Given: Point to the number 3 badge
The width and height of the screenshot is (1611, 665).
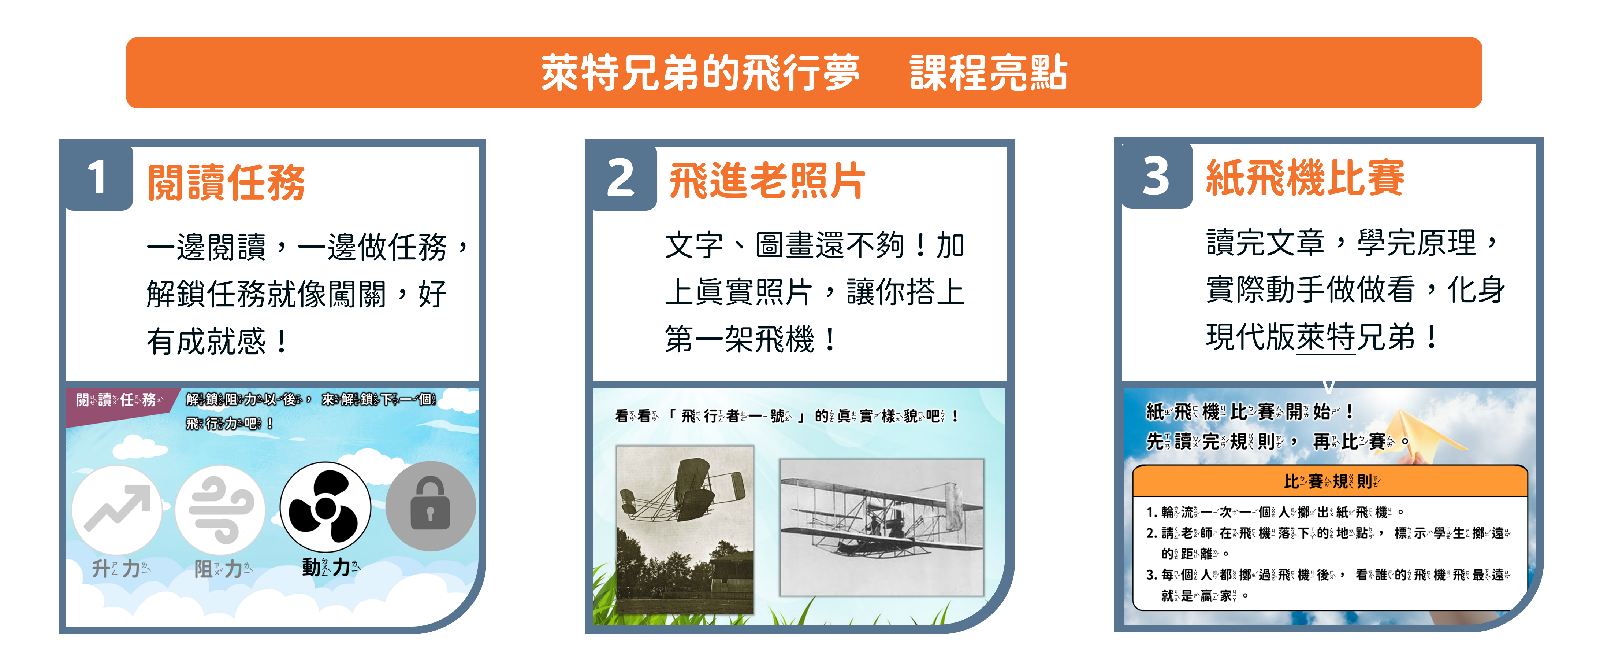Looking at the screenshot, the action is tap(1156, 176).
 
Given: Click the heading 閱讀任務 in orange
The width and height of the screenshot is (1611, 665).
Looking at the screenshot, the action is tap(226, 183).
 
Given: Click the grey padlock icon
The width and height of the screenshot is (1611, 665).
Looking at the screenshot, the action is tap(430, 506).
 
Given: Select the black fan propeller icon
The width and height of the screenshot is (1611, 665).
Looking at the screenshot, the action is tap(325, 507).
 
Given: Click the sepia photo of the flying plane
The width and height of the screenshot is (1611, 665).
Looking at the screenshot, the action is tap(685, 529).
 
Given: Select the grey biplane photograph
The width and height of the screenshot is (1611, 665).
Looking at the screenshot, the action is tap(882, 527).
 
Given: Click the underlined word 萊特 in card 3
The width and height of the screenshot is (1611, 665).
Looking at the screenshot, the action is tap(1326, 338).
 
